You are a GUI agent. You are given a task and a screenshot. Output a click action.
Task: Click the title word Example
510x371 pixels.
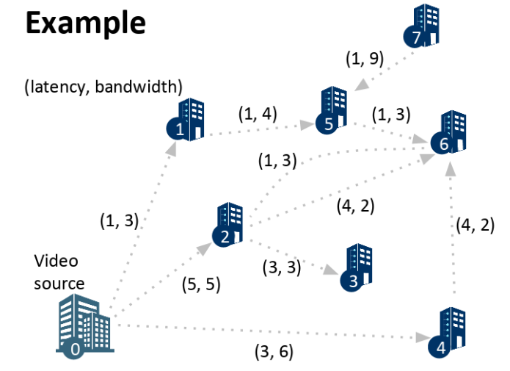(86, 24)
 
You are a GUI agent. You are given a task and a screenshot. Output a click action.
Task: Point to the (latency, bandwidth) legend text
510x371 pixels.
(103, 87)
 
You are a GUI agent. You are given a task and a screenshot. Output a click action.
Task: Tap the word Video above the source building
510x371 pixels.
(56, 262)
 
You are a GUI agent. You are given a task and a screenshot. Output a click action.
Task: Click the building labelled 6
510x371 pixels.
(451, 132)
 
